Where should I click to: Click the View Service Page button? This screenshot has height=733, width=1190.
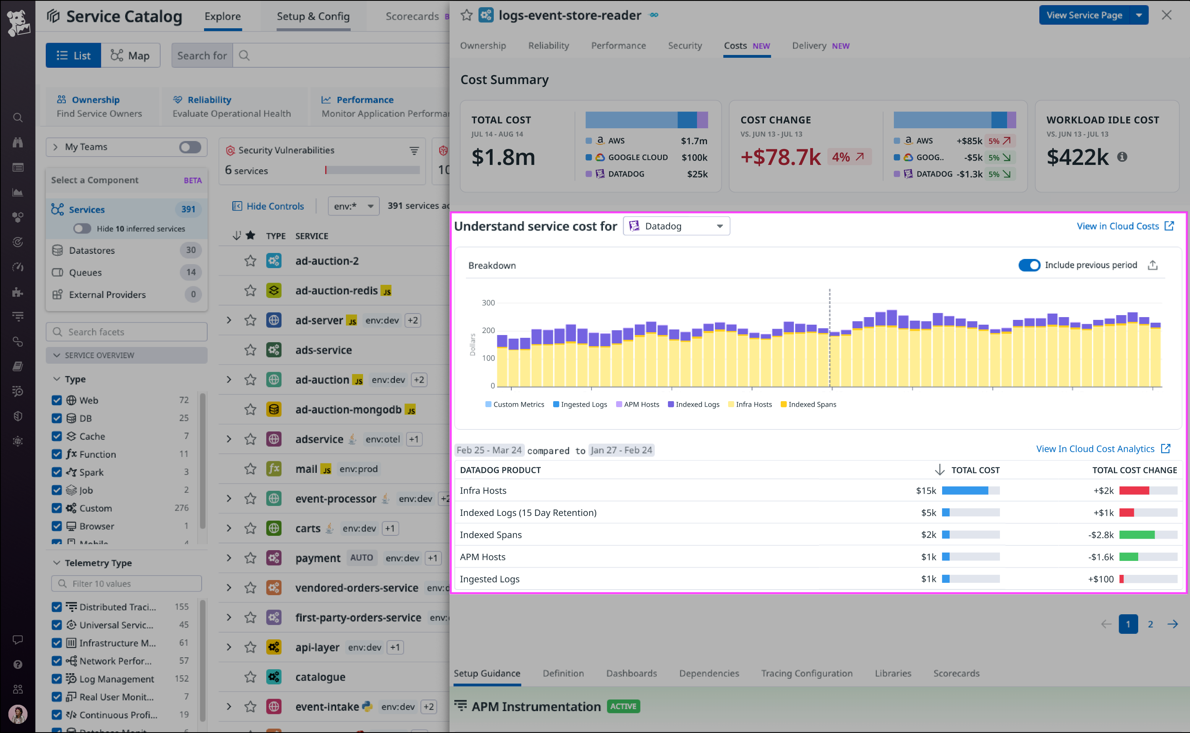tap(1084, 15)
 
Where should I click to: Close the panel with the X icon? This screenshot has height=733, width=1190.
tap(1166, 15)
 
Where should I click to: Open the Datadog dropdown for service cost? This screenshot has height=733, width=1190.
tap(676, 226)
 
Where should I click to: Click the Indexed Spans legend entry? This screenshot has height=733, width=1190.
tap(811, 404)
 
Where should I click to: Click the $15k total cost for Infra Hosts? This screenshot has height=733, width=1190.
tap(925, 491)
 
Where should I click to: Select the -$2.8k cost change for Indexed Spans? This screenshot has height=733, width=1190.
tap(1100, 535)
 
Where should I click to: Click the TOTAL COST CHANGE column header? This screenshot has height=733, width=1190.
tap(1134, 470)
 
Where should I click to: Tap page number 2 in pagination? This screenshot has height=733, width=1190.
tap(1150, 624)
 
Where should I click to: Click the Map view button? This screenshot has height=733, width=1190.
tap(130, 55)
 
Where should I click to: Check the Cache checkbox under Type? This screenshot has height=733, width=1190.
tap(57, 436)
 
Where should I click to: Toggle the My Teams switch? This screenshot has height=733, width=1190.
tap(190, 147)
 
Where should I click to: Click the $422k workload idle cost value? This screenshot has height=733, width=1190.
tap(1077, 157)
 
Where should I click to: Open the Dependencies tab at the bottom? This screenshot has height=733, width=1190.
tap(709, 673)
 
